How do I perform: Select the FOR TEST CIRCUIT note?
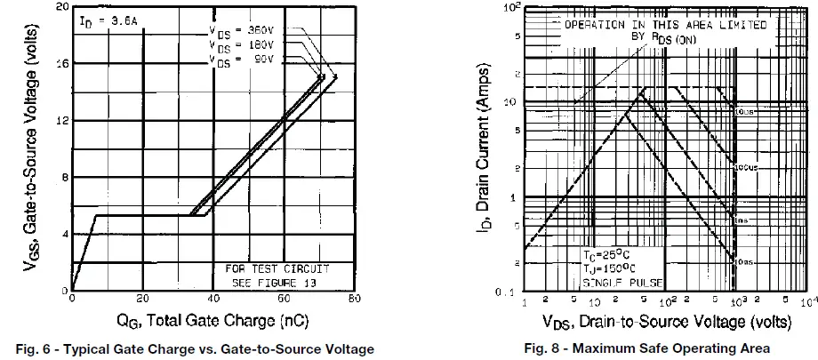pos(277,268)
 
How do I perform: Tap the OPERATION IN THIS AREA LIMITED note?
pos(665,26)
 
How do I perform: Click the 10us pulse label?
pos(745,111)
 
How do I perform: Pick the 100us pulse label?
pos(745,166)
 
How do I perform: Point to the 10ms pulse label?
pos(745,262)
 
